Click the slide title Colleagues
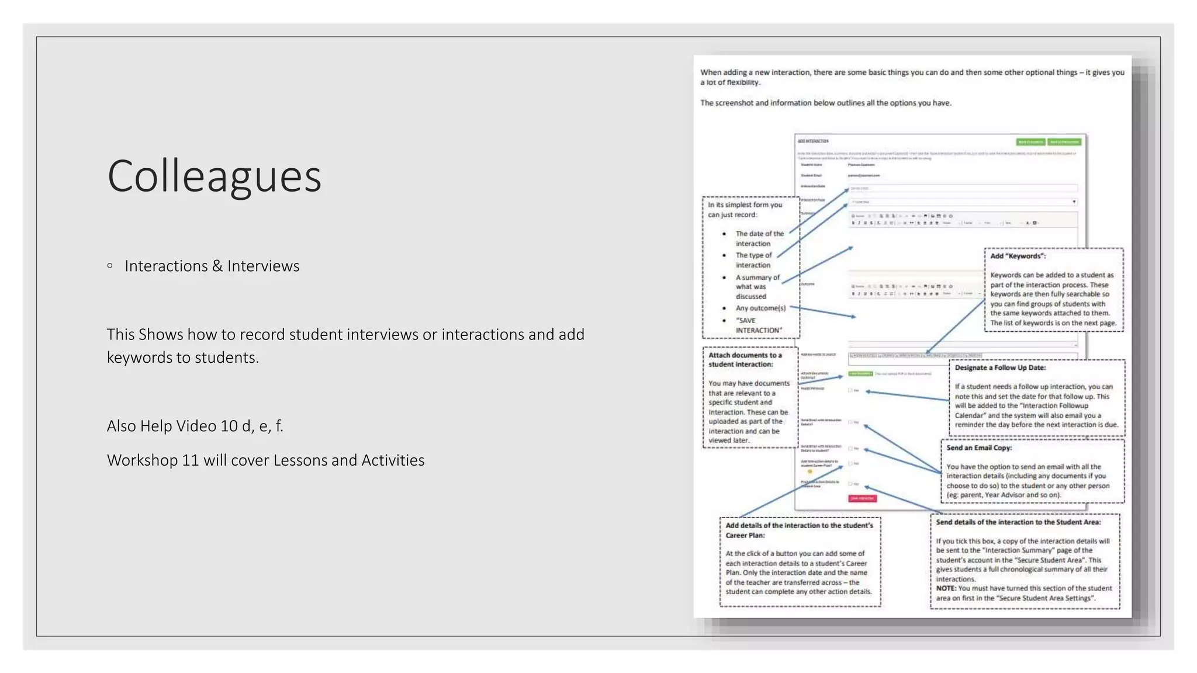click(x=214, y=176)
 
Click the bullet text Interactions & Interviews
click(x=212, y=266)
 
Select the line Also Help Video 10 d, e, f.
click(x=195, y=426)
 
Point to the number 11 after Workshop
click(x=191, y=461)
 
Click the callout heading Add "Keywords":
click(x=1018, y=256)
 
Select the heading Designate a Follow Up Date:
click(x=1000, y=368)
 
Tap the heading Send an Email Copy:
click(x=979, y=448)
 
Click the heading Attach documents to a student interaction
click(x=745, y=360)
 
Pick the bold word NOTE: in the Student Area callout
click(x=946, y=589)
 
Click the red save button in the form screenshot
click(x=862, y=498)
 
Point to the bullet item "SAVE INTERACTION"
click(x=758, y=325)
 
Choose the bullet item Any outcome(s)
click(x=760, y=308)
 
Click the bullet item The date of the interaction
click(x=759, y=238)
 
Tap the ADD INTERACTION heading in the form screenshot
click(x=813, y=141)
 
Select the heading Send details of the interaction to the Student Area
click(x=1018, y=522)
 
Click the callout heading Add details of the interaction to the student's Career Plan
click(x=798, y=530)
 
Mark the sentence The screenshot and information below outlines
click(x=825, y=103)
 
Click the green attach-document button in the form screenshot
click(x=860, y=374)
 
